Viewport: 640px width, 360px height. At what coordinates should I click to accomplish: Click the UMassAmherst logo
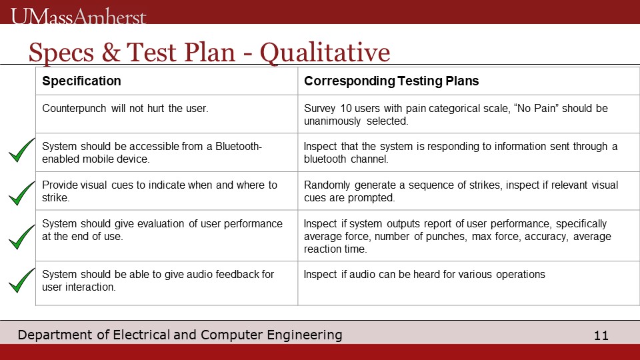point(79,16)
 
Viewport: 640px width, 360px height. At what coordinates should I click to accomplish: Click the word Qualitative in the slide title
point(325,53)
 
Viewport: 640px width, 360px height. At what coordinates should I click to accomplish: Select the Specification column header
point(81,81)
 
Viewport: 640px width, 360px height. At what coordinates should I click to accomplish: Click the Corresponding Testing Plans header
point(391,81)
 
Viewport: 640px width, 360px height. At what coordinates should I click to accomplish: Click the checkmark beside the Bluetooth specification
point(21,150)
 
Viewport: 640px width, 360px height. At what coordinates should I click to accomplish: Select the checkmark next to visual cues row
point(21,193)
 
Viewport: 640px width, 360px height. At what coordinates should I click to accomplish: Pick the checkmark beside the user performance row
point(21,237)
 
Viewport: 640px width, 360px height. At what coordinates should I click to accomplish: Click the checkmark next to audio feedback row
point(21,280)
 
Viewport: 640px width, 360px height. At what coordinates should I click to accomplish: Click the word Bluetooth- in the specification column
point(239,146)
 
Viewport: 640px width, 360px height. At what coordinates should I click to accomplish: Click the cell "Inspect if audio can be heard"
point(425,274)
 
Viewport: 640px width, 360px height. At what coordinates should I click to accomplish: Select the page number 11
point(601,335)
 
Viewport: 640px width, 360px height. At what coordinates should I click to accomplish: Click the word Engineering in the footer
point(305,335)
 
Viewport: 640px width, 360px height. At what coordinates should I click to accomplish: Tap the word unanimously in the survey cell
point(332,121)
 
